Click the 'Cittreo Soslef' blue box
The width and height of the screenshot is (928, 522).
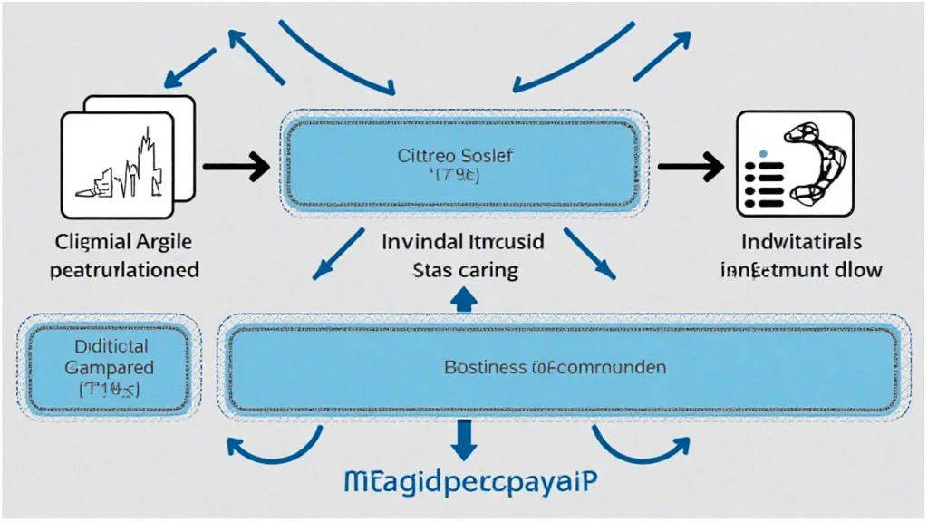pos(463,164)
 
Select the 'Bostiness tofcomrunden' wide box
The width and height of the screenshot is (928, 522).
pos(562,368)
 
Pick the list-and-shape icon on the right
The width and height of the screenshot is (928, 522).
pos(794,163)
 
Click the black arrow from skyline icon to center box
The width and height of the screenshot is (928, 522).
pos(236,166)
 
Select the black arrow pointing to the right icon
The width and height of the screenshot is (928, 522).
pos(691,166)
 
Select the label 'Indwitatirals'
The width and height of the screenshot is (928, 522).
pos(801,243)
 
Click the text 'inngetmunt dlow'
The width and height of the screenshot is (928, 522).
pos(801,269)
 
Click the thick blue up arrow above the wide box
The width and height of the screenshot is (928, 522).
pos(463,301)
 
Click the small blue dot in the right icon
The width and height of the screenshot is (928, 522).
pos(762,153)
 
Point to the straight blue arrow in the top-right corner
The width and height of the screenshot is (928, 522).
pos(662,54)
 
